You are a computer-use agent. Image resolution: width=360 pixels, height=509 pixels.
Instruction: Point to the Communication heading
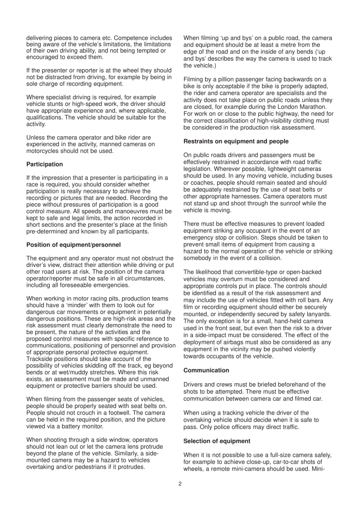(206, 370)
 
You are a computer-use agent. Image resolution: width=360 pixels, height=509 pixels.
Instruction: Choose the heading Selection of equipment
(215, 441)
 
